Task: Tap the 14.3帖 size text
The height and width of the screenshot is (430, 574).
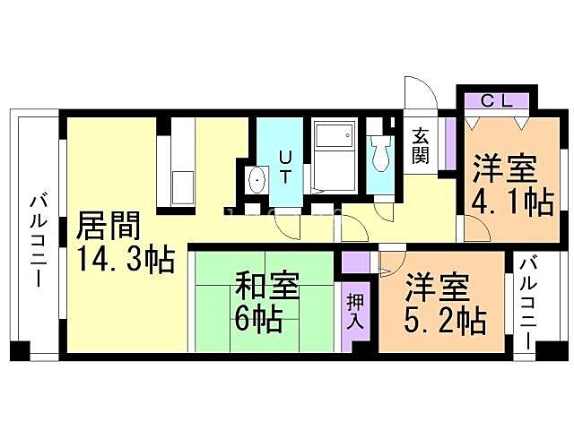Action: pyautogui.click(x=125, y=261)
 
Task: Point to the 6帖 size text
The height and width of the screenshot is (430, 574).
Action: pyautogui.click(x=258, y=318)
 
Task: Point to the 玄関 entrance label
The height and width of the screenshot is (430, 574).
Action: pyautogui.click(x=421, y=146)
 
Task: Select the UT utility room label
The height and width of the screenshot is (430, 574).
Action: pyautogui.click(x=285, y=167)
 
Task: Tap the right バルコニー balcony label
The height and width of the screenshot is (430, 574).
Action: pyautogui.click(x=528, y=304)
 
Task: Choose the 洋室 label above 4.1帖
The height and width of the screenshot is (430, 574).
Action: pyautogui.click(x=505, y=169)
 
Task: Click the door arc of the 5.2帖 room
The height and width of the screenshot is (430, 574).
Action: pyautogui.click(x=392, y=265)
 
